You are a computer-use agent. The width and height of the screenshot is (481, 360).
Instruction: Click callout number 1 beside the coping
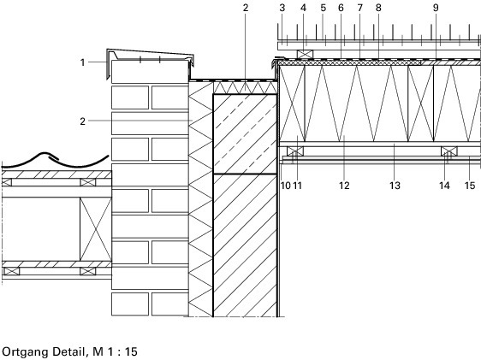(x=82, y=62)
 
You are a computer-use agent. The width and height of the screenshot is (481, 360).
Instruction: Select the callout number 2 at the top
(x=246, y=8)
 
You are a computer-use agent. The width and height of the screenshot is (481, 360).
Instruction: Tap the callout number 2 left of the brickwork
(x=82, y=121)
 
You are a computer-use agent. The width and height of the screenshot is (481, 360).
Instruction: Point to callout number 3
(x=282, y=8)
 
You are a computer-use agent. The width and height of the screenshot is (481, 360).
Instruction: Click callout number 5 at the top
(x=323, y=8)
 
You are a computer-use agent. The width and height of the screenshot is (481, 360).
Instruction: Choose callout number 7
(x=359, y=8)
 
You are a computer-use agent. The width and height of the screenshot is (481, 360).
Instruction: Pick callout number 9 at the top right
(x=436, y=8)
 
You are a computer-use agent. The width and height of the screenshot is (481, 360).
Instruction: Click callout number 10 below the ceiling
(x=286, y=186)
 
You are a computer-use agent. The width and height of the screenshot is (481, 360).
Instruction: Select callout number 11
(x=297, y=186)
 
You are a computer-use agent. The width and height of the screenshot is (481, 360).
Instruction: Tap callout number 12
(x=344, y=186)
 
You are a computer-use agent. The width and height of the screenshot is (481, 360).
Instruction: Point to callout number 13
(x=395, y=186)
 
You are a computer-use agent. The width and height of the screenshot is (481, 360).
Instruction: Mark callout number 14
(x=444, y=186)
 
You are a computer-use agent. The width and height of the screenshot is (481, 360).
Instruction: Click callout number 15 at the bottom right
(x=470, y=186)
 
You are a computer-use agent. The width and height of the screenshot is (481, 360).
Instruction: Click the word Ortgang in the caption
(x=24, y=351)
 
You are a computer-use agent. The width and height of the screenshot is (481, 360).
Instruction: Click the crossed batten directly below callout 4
(x=306, y=54)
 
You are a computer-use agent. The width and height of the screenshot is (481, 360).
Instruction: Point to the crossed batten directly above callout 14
(x=449, y=151)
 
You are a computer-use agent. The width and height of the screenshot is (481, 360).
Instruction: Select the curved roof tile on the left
(x=56, y=160)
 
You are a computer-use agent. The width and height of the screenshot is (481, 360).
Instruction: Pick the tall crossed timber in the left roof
(x=96, y=229)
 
